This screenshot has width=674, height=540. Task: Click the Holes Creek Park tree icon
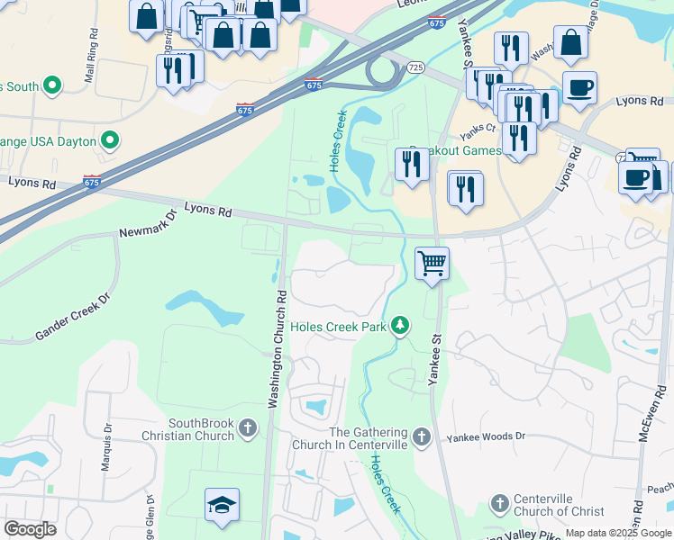click(401, 325)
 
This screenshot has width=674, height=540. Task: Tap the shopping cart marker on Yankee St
click(433, 263)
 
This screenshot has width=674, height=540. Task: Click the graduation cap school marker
click(222, 506)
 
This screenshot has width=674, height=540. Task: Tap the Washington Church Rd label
click(277, 347)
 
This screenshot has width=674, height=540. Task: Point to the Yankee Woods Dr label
click(486, 437)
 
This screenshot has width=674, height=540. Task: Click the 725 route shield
click(415, 67)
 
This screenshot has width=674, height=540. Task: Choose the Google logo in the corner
click(30, 528)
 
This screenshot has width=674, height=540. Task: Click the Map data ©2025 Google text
click(619, 533)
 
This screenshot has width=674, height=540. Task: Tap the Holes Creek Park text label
click(338, 326)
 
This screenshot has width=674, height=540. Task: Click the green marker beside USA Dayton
click(111, 140)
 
